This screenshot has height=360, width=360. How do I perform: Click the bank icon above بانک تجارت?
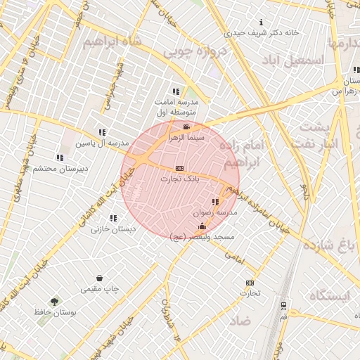click(179, 169)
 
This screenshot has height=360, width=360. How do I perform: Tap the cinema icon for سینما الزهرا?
click(186, 127)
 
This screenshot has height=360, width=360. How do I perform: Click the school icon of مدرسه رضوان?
click(215, 202)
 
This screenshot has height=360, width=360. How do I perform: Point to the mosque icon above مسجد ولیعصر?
click(202, 226)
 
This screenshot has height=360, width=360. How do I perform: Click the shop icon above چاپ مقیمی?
click(100, 278)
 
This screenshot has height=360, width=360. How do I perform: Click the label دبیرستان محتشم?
click(63, 169)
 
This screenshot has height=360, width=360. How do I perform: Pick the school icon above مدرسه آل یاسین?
click(103, 132)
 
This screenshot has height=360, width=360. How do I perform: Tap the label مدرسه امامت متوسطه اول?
click(175, 107)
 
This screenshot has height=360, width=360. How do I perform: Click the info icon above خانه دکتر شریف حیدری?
click(262, 22)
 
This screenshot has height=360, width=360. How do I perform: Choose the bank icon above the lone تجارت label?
click(249, 283)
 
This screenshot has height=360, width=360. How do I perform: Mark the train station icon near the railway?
click(283, 306)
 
